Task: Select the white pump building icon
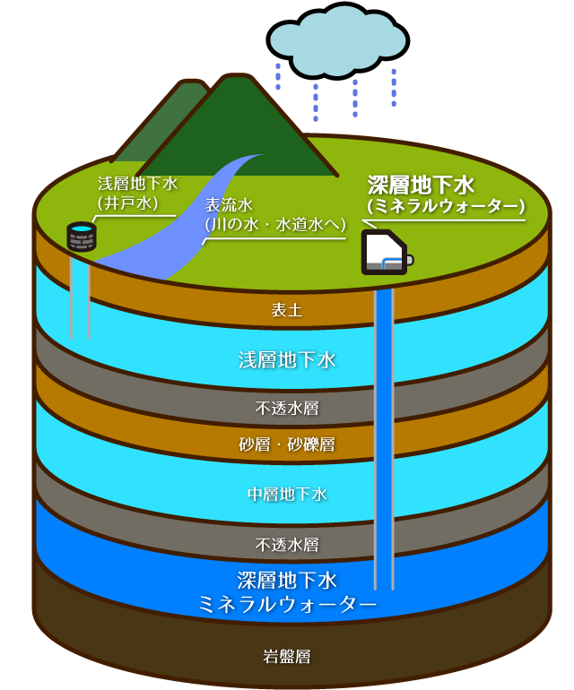tap(384, 252)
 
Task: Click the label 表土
tap(287, 311)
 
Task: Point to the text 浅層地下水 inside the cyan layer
tap(287, 360)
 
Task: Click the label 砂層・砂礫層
tap(287, 444)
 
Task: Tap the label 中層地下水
tap(287, 494)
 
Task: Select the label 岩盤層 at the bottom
tap(287, 657)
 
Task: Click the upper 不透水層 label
tap(287, 409)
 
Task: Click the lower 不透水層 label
tap(287, 544)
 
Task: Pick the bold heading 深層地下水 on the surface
tap(421, 185)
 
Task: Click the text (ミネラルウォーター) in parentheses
tap(446, 207)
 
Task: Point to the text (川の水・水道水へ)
tap(275, 225)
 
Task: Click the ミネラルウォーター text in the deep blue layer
tap(287, 605)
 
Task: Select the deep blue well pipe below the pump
tap(384, 430)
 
